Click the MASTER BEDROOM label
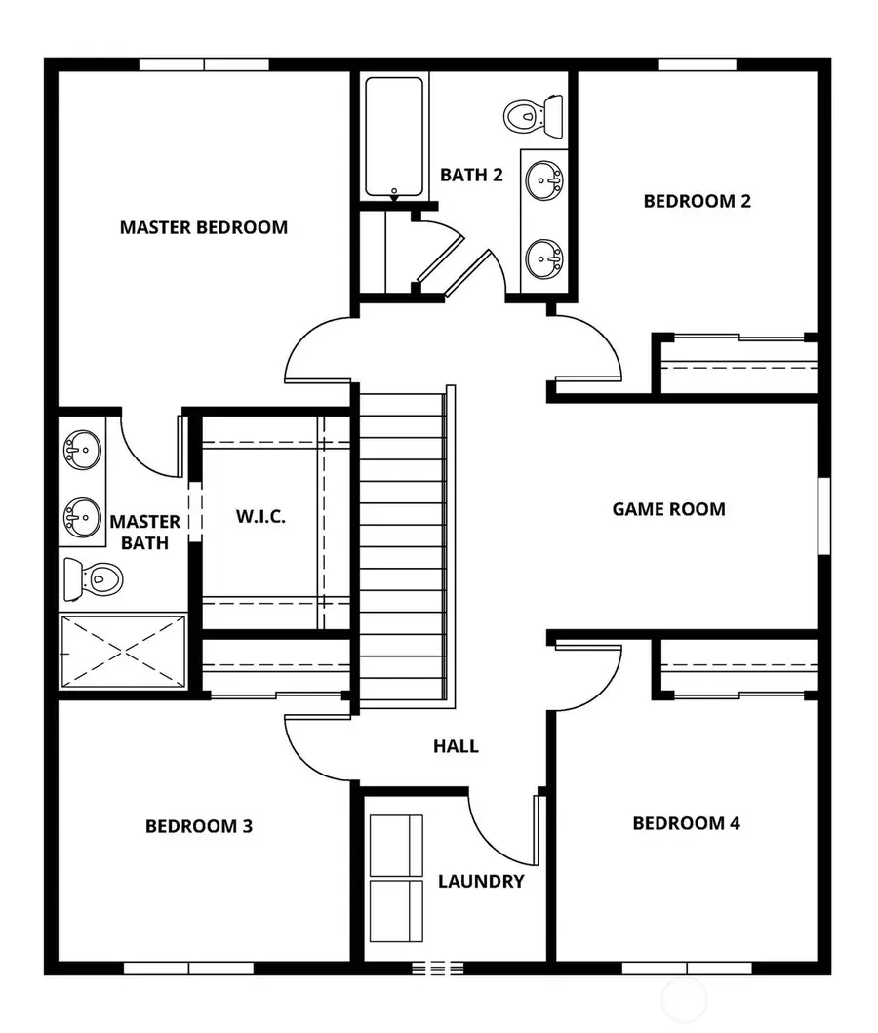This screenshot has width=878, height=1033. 204,227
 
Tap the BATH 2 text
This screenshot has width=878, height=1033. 471,176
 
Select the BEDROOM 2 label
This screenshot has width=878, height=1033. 697,201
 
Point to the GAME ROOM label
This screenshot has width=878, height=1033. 668,508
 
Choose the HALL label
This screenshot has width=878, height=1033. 456,746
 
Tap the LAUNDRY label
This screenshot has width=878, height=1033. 481,881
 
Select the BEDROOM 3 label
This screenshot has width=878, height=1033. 199,826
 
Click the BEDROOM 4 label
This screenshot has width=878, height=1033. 686,823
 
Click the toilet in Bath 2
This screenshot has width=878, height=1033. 535,116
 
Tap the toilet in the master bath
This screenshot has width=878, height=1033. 92,579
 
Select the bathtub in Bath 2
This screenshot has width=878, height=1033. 394,138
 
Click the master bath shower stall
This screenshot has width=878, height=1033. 122,650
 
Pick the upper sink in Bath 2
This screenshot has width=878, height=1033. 542,179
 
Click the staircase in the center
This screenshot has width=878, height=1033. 401,546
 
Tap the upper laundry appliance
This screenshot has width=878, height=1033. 397,844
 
